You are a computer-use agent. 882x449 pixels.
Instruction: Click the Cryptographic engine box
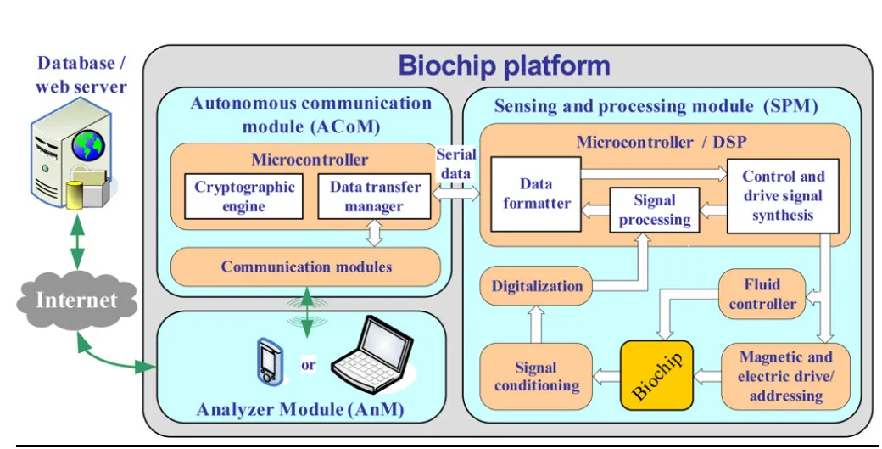(243, 196)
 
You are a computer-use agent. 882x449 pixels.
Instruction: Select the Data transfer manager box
(374, 196)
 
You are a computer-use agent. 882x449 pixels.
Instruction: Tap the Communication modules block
(305, 267)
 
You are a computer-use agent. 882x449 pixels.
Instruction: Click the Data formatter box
(536, 194)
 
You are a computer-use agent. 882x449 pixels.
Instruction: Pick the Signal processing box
(654, 210)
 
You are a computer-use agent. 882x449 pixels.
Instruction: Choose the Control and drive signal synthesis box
(783, 196)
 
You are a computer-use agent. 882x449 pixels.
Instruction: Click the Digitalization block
(536, 286)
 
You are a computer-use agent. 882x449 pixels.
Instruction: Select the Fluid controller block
(762, 295)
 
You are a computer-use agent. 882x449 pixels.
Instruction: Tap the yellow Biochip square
(656, 375)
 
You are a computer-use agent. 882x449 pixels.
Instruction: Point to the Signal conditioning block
(536, 376)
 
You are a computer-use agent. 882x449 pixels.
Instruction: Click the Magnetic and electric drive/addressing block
(785, 376)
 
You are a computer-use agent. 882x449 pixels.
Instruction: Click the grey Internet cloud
(76, 300)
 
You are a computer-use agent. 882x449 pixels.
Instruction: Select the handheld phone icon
(269, 361)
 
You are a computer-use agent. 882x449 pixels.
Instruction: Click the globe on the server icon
(88, 144)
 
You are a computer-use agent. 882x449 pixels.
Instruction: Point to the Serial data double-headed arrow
(455, 194)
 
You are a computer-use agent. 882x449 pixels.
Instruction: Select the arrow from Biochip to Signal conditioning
(606, 376)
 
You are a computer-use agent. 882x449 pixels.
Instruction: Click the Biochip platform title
(504, 66)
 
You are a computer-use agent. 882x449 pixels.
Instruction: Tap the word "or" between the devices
(308, 365)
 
